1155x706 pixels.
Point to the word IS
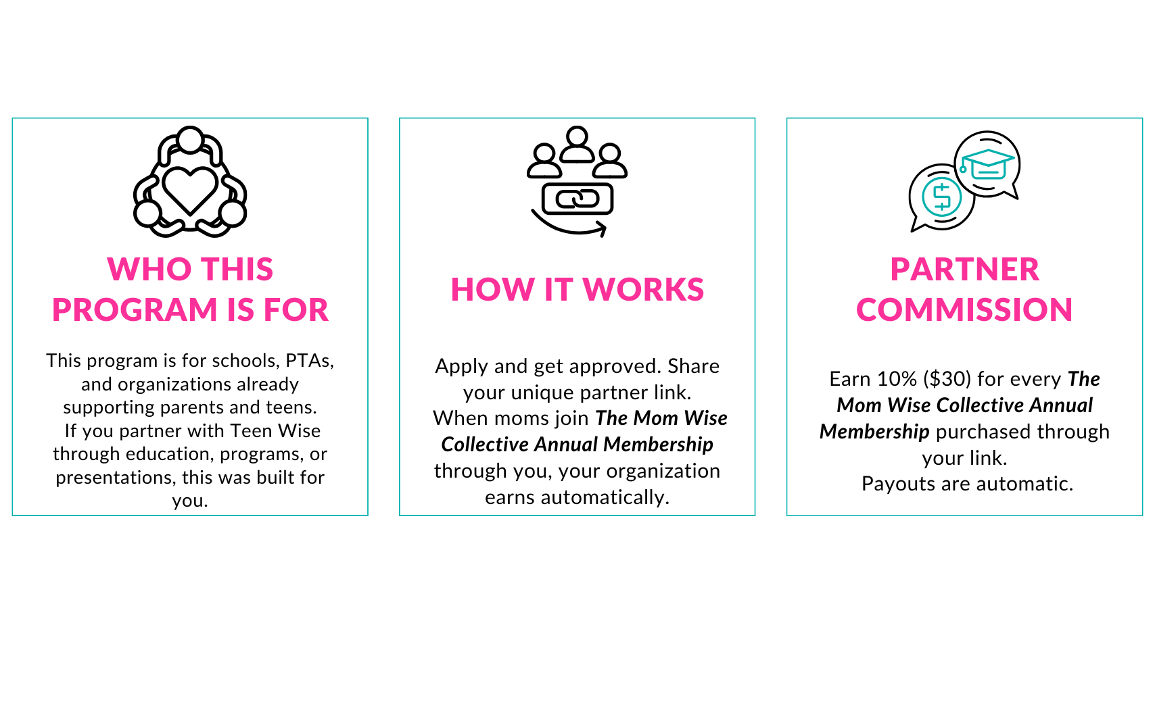[x=240, y=310]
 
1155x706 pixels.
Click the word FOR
[x=296, y=310]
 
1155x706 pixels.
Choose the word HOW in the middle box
[x=492, y=290]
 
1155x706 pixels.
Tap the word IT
[x=559, y=290]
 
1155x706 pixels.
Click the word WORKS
[x=643, y=290]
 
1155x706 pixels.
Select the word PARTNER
[x=964, y=270]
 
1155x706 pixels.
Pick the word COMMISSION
[x=964, y=310]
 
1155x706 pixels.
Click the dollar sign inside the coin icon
[x=942, y=197]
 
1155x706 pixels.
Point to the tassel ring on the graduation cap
[x=963, y=170]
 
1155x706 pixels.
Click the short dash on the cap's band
[x=988, y=173]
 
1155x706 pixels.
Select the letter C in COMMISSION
[x=870, y=310]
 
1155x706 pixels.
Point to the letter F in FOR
[x=273, y=310]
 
